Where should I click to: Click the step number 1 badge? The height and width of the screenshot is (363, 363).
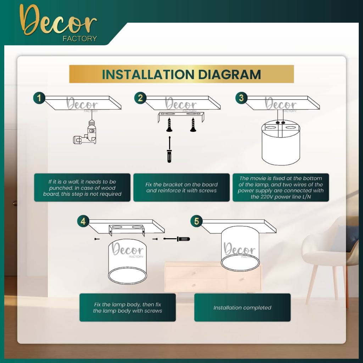(x=39, y=98)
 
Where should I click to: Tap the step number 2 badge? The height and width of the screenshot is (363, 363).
(x=140, y=98)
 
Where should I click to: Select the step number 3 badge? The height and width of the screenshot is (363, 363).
(x=241, y=98)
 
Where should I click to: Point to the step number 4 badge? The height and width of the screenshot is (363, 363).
(x=83, y=221)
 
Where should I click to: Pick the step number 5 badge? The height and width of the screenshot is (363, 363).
(x=196, y=221)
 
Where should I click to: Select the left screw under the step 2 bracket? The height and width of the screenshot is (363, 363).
(x=169, y=125)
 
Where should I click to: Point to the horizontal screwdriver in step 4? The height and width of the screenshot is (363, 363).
(x=177, y=239)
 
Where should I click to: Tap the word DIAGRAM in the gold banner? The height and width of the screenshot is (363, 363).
(x=229, y=74)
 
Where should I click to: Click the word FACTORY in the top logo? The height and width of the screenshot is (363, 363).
(x=80, y=39)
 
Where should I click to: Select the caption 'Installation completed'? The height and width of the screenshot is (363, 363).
(x=242, y=308)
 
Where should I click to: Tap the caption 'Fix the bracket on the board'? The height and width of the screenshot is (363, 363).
(x=181, y=184)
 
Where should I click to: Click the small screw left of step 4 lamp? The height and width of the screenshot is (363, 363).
(x=97, y=239)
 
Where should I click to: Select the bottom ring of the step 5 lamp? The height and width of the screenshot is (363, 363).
(x=240, y=263)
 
